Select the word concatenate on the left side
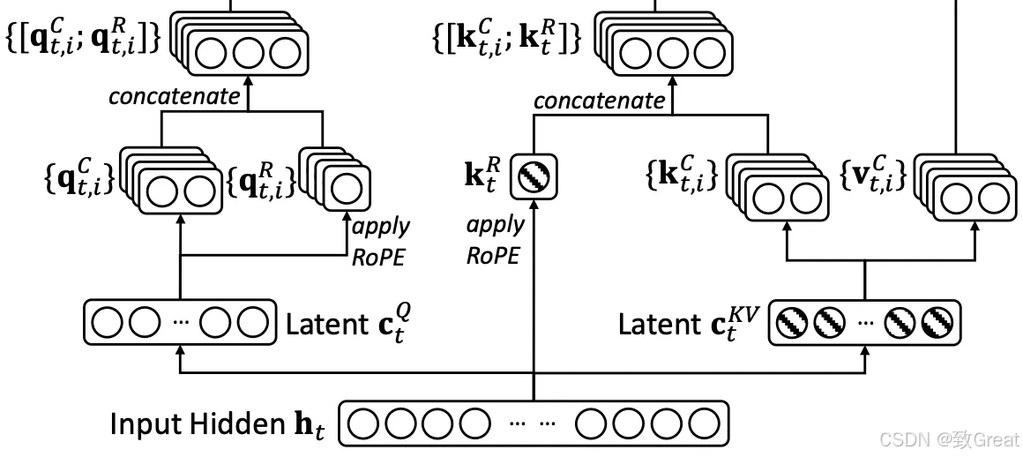(x=174, y=95)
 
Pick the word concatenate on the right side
(x=599, y=101)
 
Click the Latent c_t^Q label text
(x=347, y=324)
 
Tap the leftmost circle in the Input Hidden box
(x=363, y=425)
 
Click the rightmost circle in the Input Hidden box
(x=703, y=425)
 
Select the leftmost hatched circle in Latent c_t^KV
(x=792, y=324)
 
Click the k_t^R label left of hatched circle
(x=483, y=175)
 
